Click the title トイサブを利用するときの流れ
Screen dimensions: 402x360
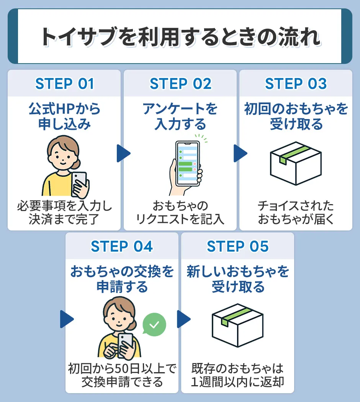click(180, 37)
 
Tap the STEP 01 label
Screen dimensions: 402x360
click(64, 84)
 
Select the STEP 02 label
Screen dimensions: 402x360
click(180, 84)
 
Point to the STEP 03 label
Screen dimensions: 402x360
click(296, 84)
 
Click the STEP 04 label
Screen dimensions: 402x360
click(122, 247)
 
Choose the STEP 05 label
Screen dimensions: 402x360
click(237, 247)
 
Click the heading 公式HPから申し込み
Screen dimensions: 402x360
click(64, 117)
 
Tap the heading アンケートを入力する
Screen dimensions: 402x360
click(180, 117)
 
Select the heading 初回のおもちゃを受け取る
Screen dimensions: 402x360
click(296, 117)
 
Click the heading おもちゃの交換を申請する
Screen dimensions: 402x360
click(122, 279)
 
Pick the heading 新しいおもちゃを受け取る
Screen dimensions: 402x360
click(237, 279)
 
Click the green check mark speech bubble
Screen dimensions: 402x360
click(154, 325)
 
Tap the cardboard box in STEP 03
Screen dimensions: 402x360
click(295, 164)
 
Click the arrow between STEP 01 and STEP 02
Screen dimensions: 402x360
click(123, 154)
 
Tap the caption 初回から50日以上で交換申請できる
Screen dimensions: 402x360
click(122, 375)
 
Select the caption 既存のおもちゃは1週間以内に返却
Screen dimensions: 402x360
click(237, 375)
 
